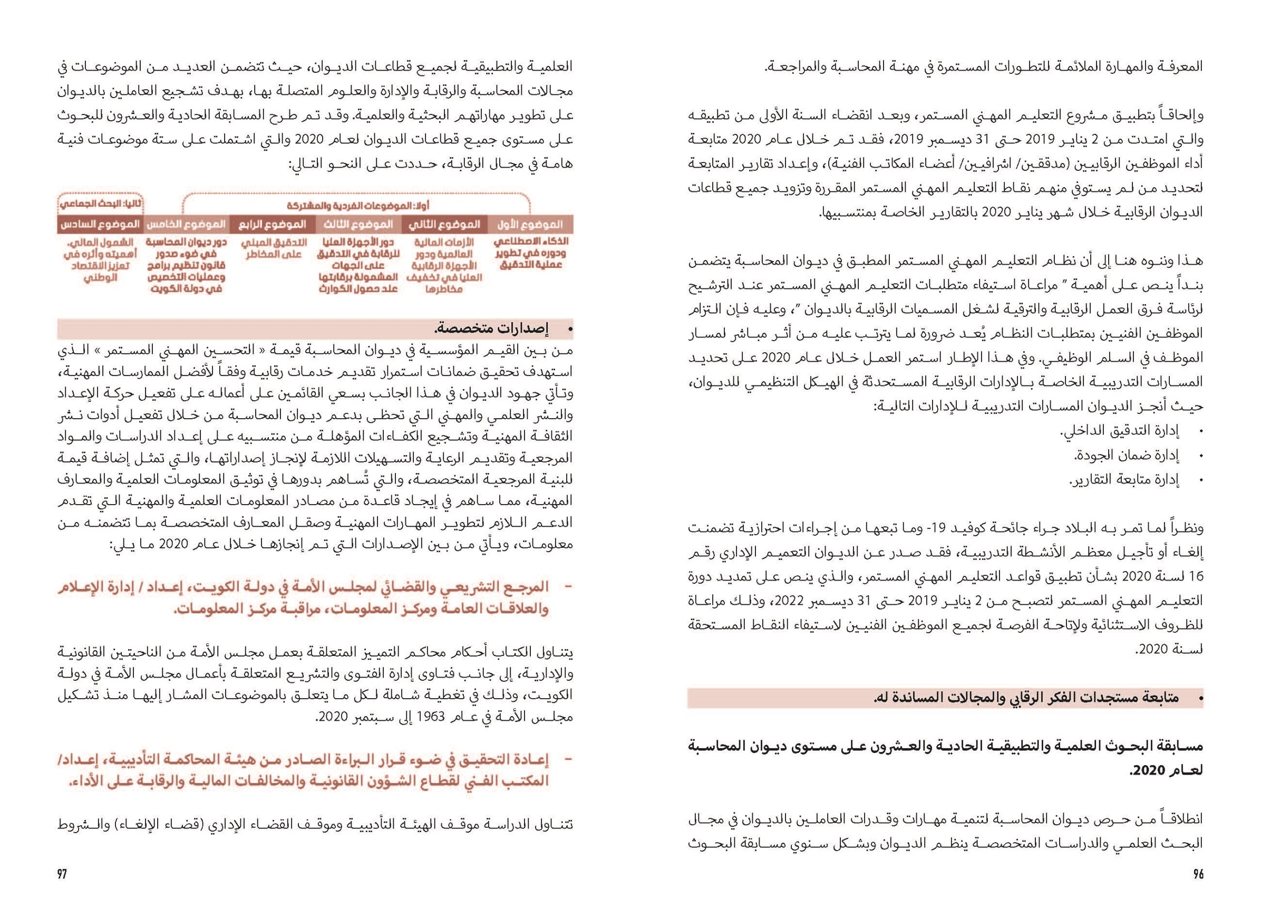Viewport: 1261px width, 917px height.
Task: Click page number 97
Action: [62, 874]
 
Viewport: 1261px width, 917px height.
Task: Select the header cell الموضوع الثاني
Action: [444, 225]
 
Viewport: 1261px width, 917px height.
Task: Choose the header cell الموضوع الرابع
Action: [273, 225]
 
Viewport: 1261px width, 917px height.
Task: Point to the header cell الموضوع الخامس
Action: [186, 225]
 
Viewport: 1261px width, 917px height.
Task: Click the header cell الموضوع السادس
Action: [100, 225]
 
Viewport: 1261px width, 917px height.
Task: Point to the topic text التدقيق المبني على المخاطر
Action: [273, 248]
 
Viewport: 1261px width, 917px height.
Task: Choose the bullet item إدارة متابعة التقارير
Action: [1123, 479]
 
